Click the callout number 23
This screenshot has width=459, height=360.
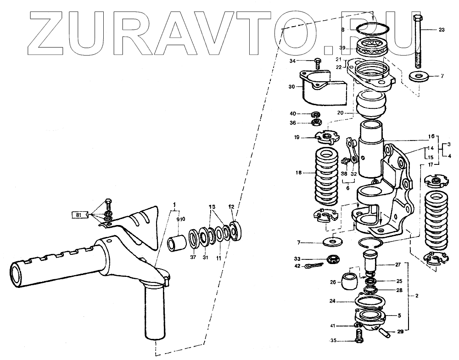441,30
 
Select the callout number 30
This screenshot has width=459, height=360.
292,86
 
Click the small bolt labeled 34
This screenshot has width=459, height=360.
317,61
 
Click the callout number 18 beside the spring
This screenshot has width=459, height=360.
300,173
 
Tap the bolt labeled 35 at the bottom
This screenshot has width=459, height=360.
358,340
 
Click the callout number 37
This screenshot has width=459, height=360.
193,258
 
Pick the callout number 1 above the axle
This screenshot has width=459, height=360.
174,203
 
